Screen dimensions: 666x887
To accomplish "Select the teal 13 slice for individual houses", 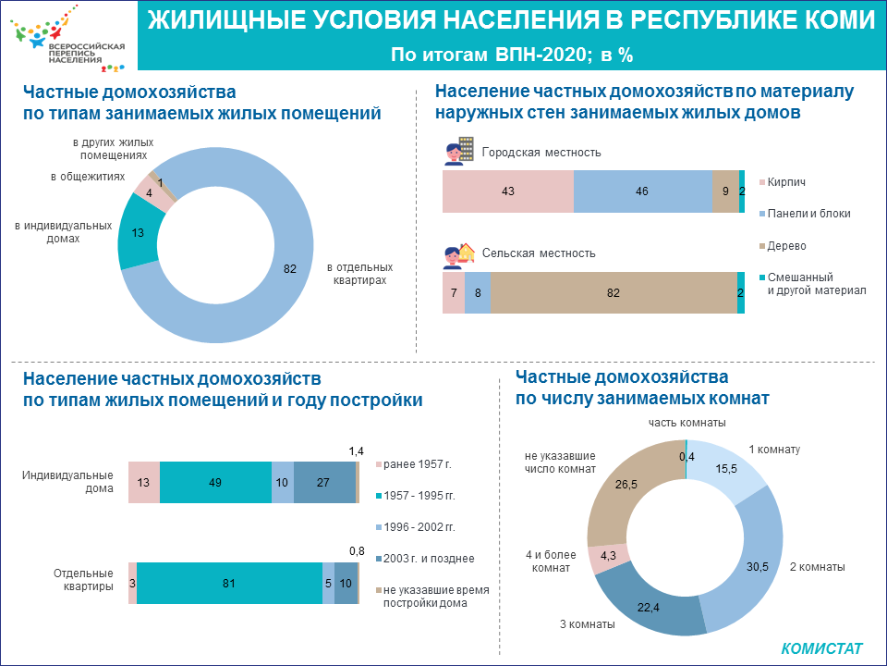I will point(138,233).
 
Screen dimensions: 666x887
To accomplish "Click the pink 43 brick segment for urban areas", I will point(507,191).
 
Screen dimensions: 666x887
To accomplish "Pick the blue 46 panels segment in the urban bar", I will point(642,191).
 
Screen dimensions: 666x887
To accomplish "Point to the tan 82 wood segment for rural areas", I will point(614,293).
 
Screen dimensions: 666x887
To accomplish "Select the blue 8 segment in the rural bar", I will point(478,293).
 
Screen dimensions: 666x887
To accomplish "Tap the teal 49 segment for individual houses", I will point(215,482).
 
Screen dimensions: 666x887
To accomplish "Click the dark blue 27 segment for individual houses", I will point(324,482).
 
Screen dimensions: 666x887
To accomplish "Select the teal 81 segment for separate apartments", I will point(229,583).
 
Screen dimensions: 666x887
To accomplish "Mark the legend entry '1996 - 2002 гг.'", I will point(421,527).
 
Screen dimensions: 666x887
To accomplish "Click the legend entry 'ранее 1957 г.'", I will point(417,464).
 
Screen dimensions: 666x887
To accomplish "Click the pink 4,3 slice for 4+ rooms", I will point(609,557).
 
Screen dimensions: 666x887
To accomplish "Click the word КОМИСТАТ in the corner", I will point(821,648).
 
